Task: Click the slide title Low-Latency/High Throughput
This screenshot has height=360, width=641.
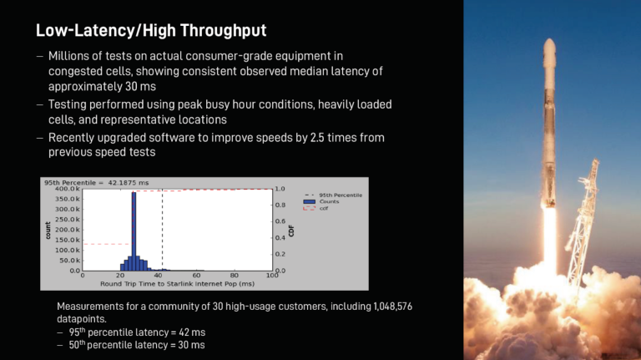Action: point(151,30)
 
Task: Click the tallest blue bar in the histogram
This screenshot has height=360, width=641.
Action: point(134,231)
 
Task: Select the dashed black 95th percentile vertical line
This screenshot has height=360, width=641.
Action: point(162,230)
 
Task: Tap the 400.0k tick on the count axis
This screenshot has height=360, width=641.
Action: point(68,189)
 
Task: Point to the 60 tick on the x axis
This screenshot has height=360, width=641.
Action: point(196,276)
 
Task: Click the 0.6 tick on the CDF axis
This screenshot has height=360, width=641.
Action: point(280,221)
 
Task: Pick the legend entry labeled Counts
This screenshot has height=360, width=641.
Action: point(320,201)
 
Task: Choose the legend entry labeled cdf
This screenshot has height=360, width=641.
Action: point(315,208)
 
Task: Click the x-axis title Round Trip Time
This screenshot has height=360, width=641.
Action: point(178,283)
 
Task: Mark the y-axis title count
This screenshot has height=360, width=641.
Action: point(48,231)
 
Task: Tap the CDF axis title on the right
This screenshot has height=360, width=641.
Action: point(291,231)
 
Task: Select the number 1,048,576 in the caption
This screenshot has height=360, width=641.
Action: point(392,307)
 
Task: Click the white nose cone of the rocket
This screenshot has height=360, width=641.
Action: point(549,51)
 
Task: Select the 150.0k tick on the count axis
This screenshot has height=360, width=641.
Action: point(68,240)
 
